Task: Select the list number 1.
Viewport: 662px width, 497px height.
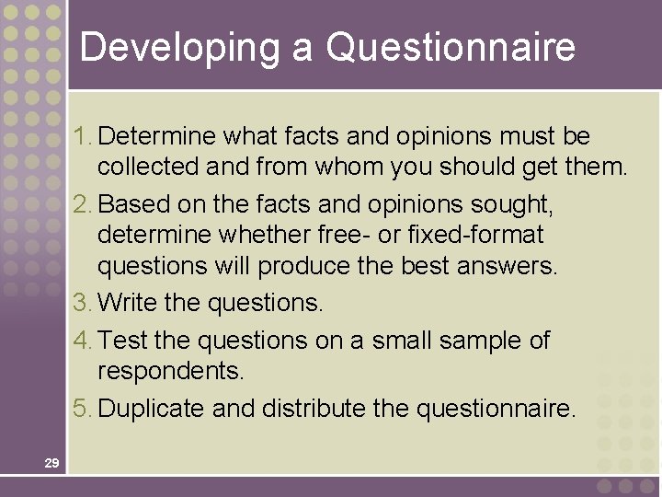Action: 84,136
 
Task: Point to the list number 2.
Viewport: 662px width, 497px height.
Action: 84,202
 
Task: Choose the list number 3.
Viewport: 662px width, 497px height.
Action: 84,302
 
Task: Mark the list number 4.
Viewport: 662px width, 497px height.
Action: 84,341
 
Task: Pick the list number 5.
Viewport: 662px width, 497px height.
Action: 84,409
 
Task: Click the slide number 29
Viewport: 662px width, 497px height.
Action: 51,463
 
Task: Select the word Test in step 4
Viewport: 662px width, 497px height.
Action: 123,341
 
